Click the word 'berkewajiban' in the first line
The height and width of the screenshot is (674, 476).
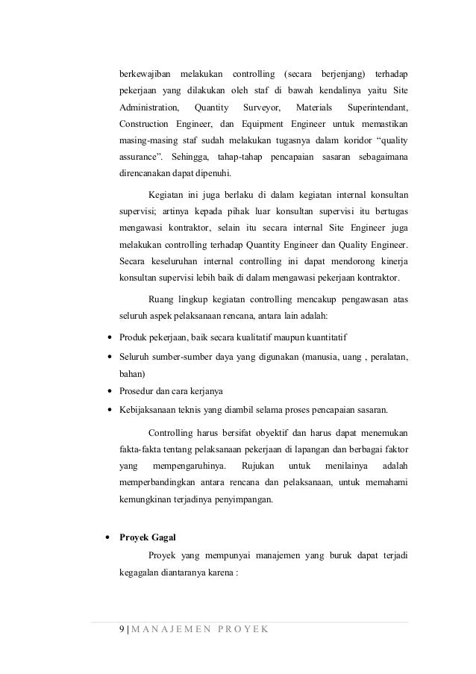(x=145, y=74)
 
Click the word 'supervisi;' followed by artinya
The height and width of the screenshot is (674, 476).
(x=140, y=213)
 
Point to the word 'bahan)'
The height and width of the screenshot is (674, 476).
(x=133, y=373)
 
